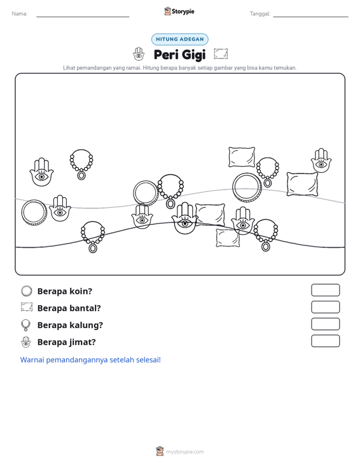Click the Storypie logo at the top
179,11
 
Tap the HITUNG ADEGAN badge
180,39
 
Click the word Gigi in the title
193,55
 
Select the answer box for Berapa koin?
325,290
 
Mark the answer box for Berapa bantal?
325,307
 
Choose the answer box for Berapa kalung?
325,324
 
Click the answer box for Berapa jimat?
325,341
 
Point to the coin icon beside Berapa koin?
27,291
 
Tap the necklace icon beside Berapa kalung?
26,325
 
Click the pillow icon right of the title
221,54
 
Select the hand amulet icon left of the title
139,54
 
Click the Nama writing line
83,17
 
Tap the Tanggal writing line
310,17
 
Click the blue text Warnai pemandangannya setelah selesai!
90,360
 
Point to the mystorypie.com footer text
184,452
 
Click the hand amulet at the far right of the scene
321,160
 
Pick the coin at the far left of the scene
34,212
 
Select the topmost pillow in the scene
242,157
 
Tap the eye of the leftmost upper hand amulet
41,177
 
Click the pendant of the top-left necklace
81,175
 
